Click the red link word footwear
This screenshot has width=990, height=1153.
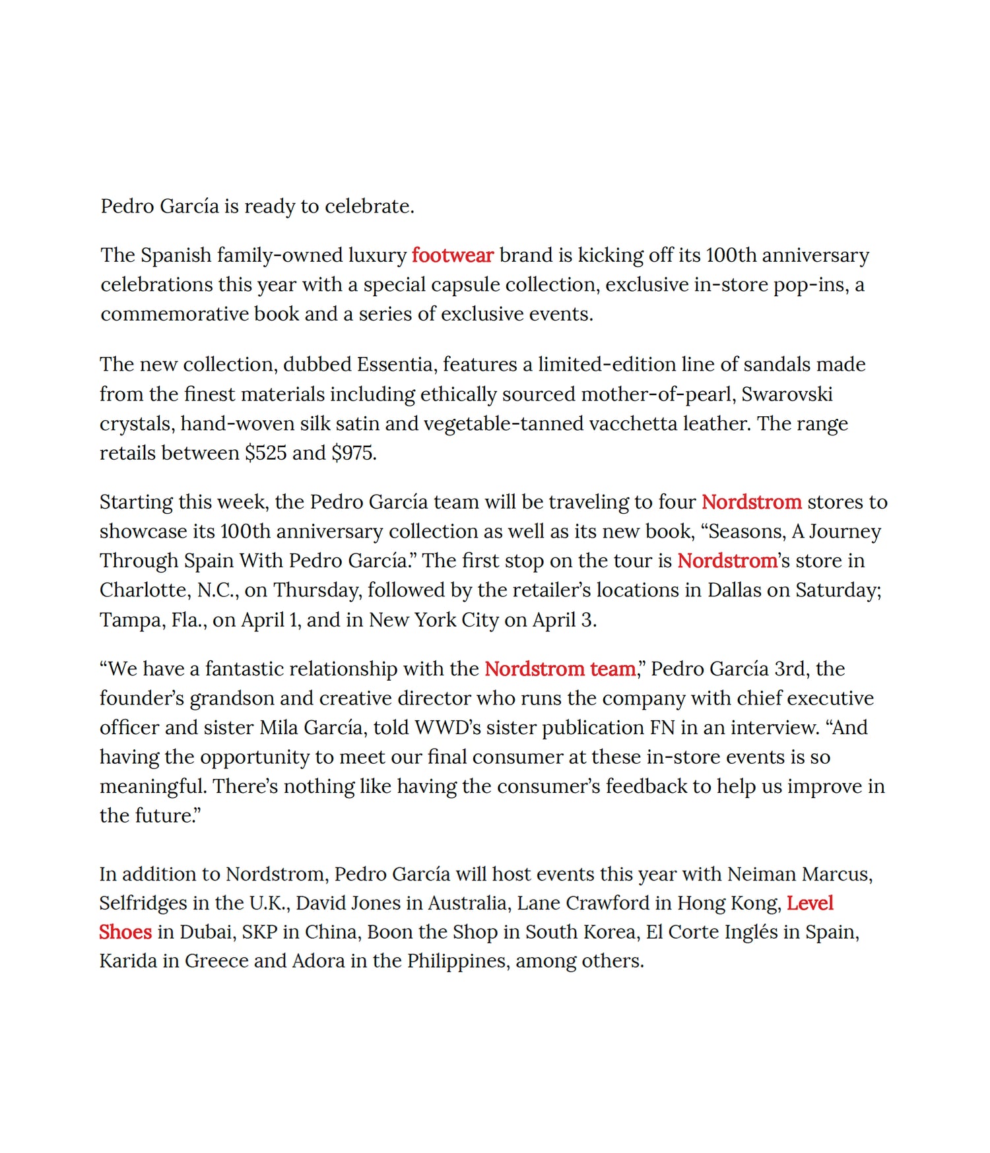[x=452, y=255]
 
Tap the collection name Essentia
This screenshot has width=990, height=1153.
[x=395, y=364]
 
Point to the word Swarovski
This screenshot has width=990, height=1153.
[x=787, y=394]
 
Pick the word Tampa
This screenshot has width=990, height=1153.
[x=129, y=620]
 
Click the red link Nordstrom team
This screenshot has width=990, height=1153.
[x=560, y=669]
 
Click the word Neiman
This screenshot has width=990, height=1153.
[x=762, y=874]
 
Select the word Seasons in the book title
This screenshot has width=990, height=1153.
[x=749, y=532]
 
